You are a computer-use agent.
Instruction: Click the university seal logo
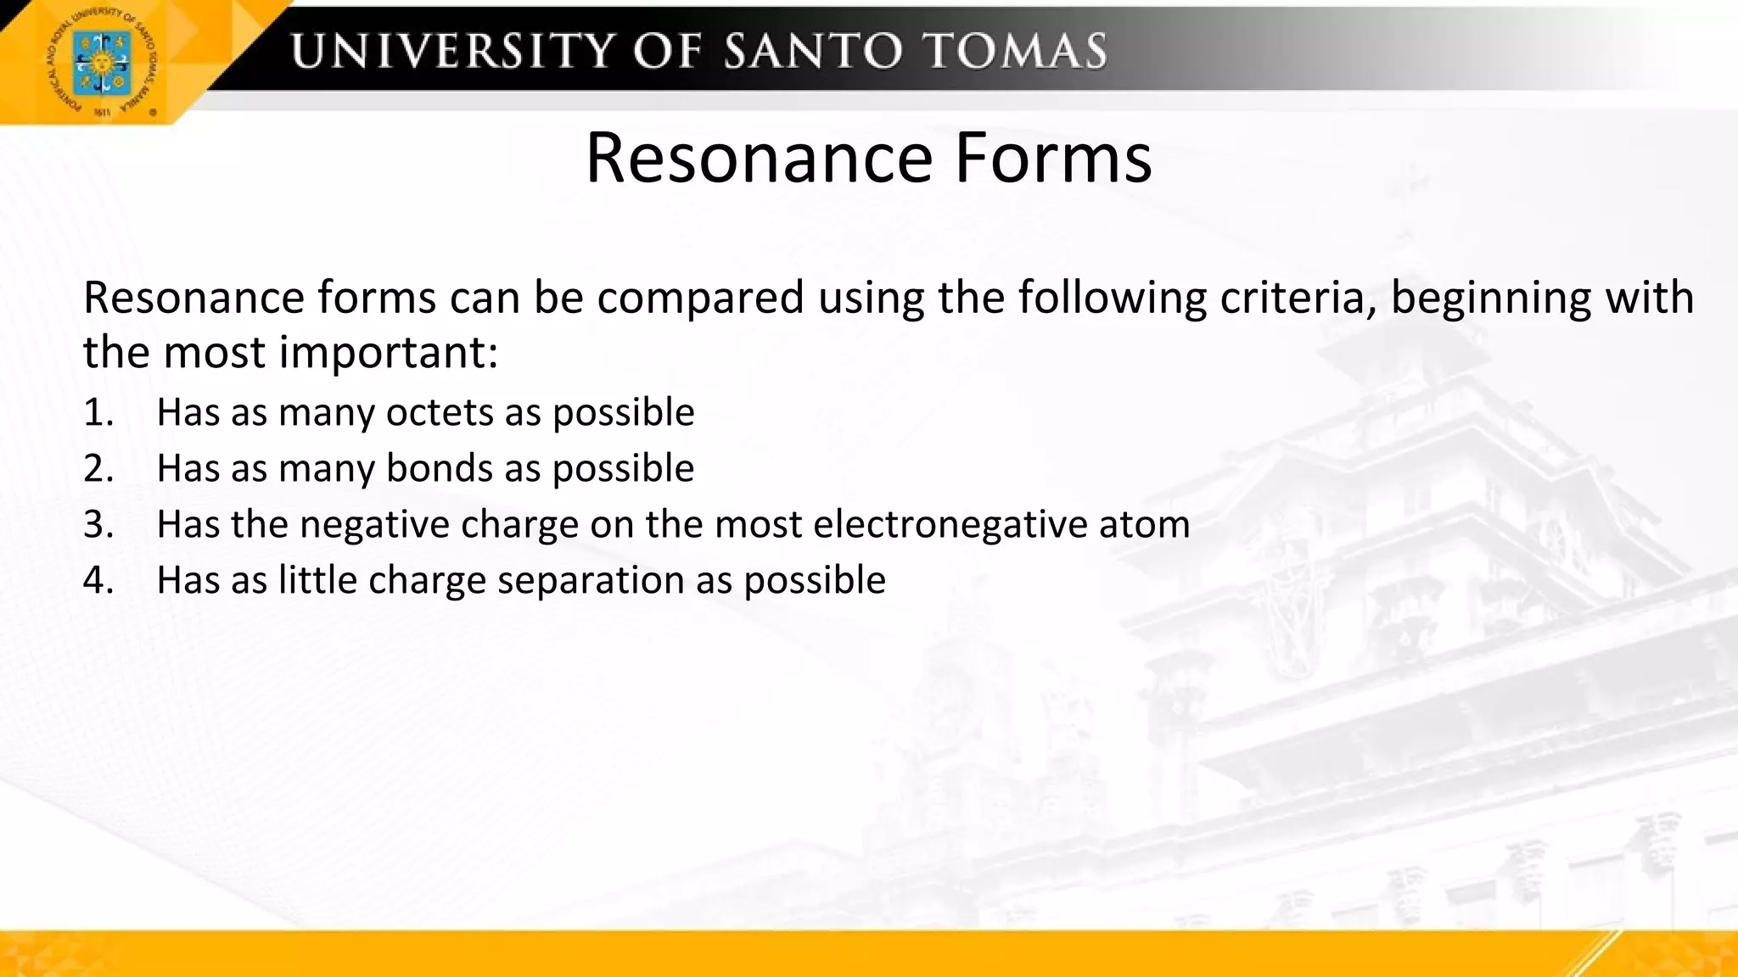pyautogui.click(x=103, y=62)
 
